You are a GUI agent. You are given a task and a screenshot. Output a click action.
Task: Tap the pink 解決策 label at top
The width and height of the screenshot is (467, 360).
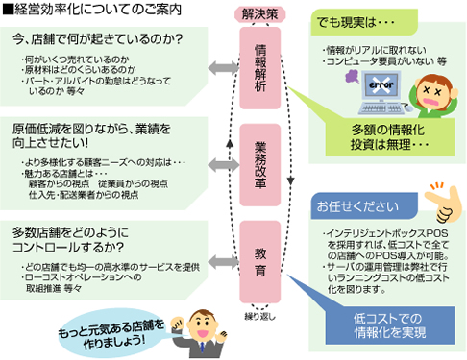pyautogui.click(x=259, y=14)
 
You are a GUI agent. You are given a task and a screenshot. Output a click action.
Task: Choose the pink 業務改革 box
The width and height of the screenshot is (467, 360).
pyautogui.click(x=260, y=159)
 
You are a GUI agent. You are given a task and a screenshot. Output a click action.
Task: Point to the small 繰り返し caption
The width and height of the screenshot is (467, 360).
pyautogui.click(x=260, y=288)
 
